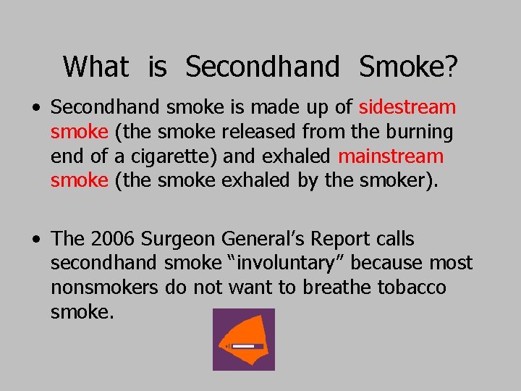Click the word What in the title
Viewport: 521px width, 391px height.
[x=96, y=67]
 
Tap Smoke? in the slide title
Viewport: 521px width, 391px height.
[x=408, y=67]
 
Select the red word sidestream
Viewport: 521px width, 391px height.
[x=407, y=108]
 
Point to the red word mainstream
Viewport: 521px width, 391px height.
[x=391, y=156]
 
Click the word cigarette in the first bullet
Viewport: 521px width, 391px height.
[x=183, y=156]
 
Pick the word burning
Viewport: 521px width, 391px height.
[x=418, y=133]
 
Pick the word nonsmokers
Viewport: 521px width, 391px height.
[x=104, y=287]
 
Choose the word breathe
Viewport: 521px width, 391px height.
[x=336, y=287]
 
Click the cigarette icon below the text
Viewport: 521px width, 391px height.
[x=243, y=340]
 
